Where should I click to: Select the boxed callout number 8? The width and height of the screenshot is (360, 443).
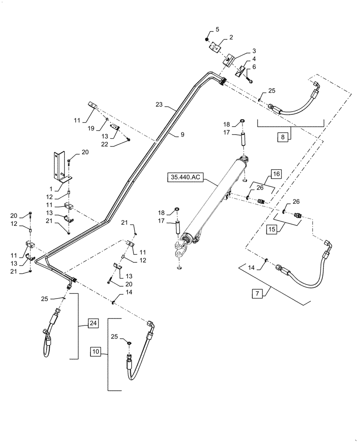[x=282, y=137]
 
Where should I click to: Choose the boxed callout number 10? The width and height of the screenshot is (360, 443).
[x=96, y=352]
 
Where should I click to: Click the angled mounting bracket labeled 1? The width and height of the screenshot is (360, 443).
[x=61, y=166]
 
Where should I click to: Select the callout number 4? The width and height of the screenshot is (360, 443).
[x=254, y=58]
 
